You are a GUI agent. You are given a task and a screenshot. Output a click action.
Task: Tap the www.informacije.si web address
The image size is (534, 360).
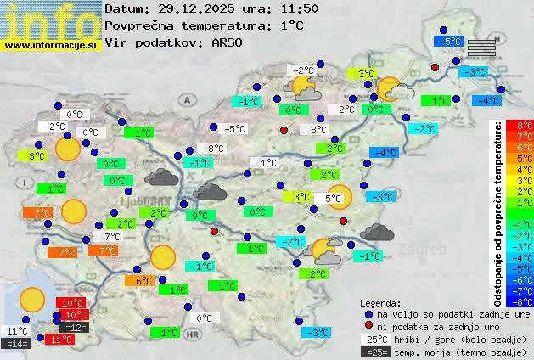51,45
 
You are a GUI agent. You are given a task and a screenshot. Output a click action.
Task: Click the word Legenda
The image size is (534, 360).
380,302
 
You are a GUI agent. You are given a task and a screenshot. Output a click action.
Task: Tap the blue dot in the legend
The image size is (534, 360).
368,314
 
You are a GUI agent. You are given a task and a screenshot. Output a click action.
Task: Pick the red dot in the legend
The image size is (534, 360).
368,326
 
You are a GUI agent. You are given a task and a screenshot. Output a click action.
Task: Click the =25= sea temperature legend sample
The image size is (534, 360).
374,351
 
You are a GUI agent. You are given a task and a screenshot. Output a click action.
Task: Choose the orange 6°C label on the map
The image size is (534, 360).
143,281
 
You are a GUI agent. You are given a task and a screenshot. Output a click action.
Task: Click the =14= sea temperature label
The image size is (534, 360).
16,344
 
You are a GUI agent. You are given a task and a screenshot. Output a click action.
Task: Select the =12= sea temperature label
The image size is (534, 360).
75,327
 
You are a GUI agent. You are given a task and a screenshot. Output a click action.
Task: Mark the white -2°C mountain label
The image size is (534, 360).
302,70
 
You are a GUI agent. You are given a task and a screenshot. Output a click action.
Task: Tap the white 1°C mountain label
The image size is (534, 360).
268,163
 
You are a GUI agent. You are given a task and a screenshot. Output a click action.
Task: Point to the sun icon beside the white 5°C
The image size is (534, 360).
340,197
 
